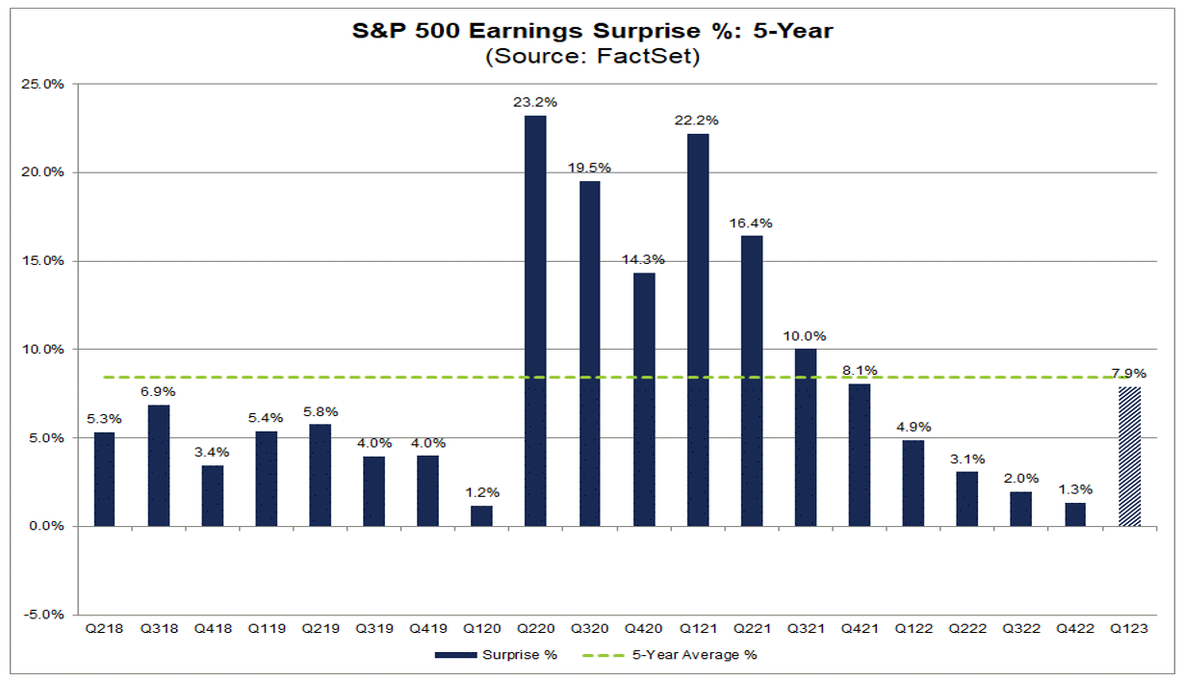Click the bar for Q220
[535, 321]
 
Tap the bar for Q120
[481, 515]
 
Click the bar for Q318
[158, 465]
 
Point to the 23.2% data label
[536, 101]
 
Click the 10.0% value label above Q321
[805, 335]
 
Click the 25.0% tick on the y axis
[43, 84]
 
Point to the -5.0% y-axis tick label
[43, 615]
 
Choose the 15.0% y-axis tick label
[43, 261]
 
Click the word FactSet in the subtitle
[643, 57]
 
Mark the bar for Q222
[966, 498]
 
